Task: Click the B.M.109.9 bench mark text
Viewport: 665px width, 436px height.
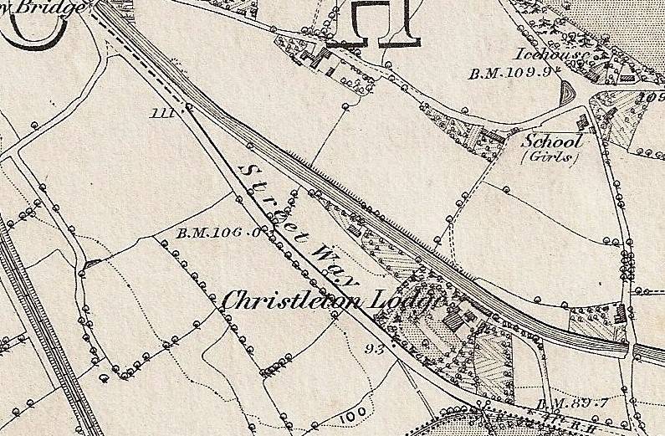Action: coord(511,73)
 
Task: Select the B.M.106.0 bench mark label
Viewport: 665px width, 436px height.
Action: coord(214,233)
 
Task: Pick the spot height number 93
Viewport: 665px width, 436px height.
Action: coord(374,347)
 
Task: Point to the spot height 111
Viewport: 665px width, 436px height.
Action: coord(163,113)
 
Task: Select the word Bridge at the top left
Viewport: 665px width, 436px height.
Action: coord(59,8)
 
